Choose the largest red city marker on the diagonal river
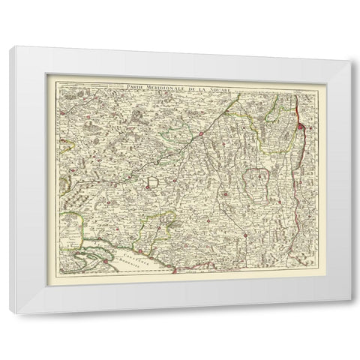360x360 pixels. (202, 135)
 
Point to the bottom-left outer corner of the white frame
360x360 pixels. (14, 315)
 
